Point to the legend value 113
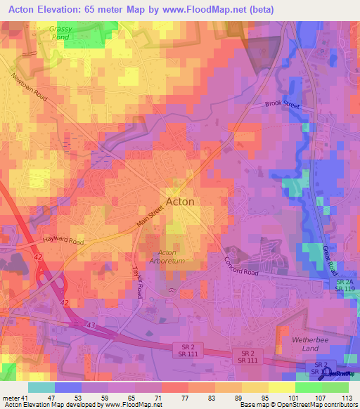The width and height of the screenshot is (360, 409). tap(346, 397)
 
